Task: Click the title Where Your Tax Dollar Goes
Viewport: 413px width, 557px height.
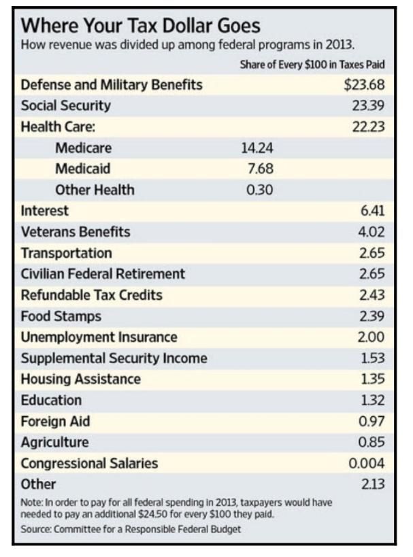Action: (x=141, y=26)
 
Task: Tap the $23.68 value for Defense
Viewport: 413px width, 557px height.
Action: (x=364, y=85)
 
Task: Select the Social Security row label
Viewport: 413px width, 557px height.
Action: (x=65, y=106)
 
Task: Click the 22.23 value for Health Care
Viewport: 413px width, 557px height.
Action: (x=368, y=127)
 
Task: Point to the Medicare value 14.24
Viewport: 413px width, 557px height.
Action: (x=257, y=148)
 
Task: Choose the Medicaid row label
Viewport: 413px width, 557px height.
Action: (x=82, y=169)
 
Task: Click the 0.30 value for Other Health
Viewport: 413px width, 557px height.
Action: (x=259, y=190)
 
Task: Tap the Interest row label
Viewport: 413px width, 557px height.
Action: (x=45, y=211)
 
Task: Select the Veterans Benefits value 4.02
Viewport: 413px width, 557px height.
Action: (x=371, y=232)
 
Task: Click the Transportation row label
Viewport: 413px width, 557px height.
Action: (x=67, y=253)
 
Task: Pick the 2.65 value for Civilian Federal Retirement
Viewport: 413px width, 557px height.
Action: (x=371, y=274)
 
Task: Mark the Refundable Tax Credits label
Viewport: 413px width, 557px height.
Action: (x=92, y=295)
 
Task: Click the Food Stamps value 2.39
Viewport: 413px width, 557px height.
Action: (x=371, y=316)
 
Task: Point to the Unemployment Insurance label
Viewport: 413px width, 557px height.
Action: (x=99, y=337)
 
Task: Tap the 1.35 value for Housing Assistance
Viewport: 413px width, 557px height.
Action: (x=371, y=379)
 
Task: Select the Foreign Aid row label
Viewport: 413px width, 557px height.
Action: (x=55, y=421)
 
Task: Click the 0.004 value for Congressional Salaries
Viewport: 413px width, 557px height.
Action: (x=366, y=463)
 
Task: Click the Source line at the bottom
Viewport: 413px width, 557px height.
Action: (x=131, y=529)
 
